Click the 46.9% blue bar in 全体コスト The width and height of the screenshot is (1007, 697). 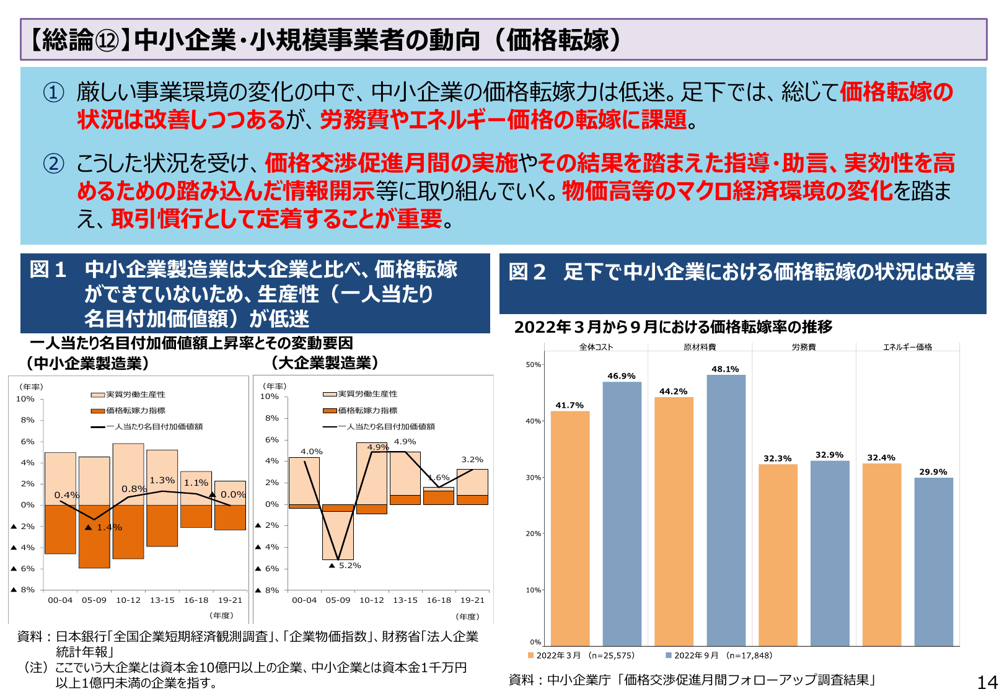pos(622,514)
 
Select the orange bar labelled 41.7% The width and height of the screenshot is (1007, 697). pos(570,528)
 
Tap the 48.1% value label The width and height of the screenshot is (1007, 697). pos(725,369)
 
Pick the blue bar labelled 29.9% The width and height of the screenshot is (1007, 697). pos(933,562)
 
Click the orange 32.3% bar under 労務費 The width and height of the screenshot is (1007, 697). pos(778,555)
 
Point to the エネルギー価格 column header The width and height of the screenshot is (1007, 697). pos(907,347)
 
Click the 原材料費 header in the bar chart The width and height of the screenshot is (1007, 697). pos(700,347)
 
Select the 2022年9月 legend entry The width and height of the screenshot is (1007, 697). pos(719,655)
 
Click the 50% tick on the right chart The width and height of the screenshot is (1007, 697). pos(533,365)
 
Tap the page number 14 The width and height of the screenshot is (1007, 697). pos(987,682)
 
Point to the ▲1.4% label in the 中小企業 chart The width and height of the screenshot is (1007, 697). pos(103,527)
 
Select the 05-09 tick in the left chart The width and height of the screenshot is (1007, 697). pos(94,600)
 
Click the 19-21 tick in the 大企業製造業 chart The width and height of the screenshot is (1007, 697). pos(472,600)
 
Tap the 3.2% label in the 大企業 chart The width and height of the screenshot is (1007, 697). pos(472,460)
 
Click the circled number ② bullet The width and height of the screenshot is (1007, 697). pos(53,164)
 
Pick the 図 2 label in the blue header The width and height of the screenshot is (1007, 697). pos(527,272)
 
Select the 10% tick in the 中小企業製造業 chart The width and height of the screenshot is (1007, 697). pos(25,399)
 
